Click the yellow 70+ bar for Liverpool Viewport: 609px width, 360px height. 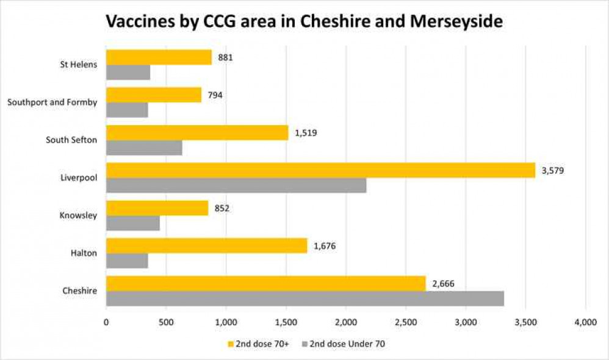320,170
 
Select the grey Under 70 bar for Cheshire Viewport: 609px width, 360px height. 305,298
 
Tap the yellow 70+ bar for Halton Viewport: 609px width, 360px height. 206,246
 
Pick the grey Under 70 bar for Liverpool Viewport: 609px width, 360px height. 236,185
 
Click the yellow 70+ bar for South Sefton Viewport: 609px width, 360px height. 197,132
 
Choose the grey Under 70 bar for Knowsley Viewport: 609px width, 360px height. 133,223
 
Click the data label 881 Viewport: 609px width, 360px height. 226,57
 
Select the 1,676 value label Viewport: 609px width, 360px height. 325,246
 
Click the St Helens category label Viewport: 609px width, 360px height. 79,65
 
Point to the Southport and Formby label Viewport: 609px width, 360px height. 52,103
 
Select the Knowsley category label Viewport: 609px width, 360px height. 78,215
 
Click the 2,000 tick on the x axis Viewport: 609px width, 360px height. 346,321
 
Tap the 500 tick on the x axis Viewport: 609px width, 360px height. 166,321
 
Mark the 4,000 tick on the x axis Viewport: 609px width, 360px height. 585,321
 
